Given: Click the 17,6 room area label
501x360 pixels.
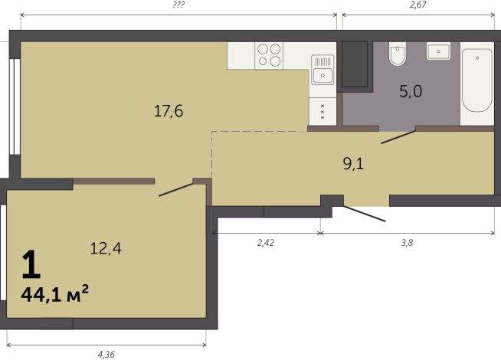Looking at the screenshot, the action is click(x=169, y=111).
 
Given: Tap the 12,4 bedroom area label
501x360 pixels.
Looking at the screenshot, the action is click(x=106, y=248).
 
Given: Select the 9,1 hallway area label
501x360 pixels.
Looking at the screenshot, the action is click(x=353, y=164).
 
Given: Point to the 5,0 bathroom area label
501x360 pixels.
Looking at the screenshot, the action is click(x=411, y=91).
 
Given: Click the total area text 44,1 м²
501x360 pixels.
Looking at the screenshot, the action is click(x=54, y=293).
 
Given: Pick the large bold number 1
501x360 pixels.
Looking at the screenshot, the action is click(x=31, y=264).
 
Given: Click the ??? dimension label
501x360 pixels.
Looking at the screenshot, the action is click(x=178, y=5).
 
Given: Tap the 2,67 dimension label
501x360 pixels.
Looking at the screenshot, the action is click(x=418, y=5).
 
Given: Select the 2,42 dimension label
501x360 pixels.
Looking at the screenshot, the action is click(x=266, y=243).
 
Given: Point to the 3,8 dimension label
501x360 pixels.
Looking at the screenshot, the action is click(x=407, y=243).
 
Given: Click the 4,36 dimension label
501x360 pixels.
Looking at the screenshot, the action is click(x=106, y=355).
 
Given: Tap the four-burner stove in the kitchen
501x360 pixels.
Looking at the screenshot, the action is click(x=269, y=56).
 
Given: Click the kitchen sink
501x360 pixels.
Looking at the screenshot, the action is click(x=323, y=70).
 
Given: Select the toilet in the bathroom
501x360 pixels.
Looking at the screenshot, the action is click(x=398, y=54).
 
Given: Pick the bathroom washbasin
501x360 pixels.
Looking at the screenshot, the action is click(x=438, y=51).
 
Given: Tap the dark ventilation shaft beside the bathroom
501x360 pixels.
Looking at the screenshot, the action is click(x=355, y=64).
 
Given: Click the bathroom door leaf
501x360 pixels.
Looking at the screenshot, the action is click(x=398, y=137).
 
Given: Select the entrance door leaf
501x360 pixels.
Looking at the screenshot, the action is click(x=365, y=214).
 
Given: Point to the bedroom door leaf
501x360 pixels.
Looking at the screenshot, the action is click(x=176, y=190).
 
